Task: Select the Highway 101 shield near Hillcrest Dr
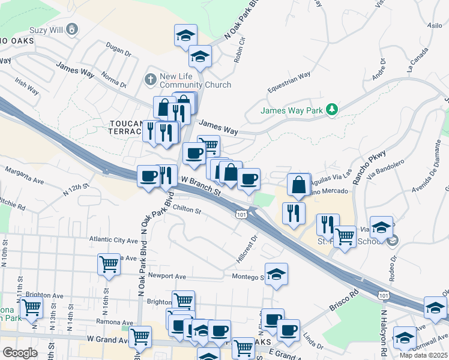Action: point(241,214)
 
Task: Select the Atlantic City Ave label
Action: point(113,239)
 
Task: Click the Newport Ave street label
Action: point(167,277)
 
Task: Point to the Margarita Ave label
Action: point(25,175)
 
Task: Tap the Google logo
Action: point(20,353)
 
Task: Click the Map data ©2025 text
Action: point(423,355)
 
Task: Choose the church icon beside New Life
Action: point(150,79)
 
